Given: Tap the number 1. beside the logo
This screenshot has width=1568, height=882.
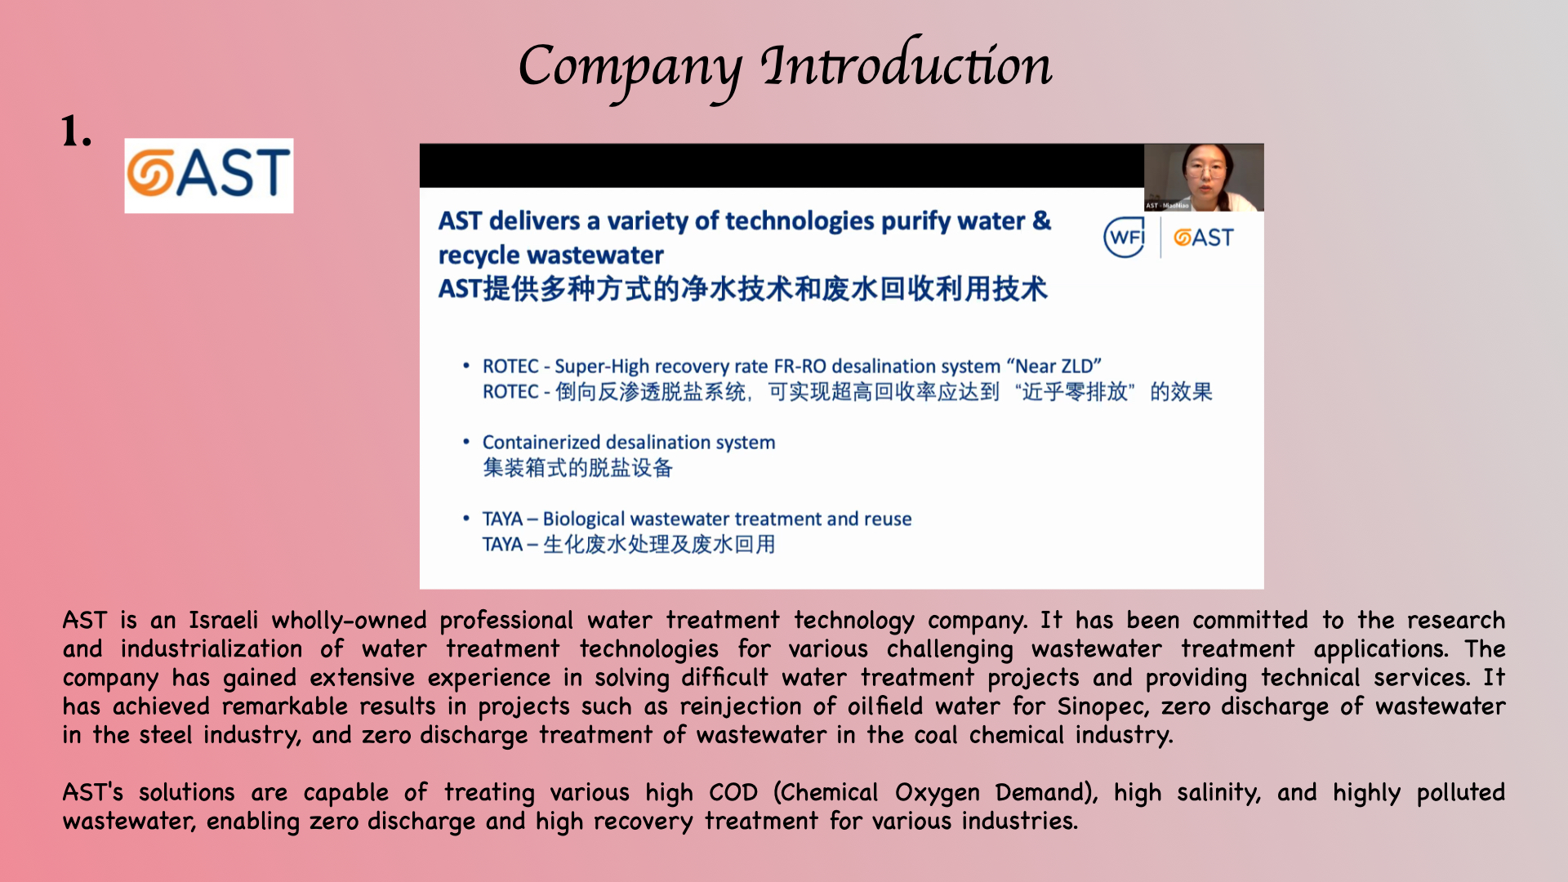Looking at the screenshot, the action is [x=77, y=131].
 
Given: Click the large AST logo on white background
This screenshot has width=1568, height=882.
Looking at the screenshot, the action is [x=209, y=175].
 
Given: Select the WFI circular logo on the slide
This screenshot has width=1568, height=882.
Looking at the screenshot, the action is [x=1125, y=238].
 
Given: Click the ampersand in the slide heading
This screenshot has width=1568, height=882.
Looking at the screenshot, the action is [x=1041, y=220].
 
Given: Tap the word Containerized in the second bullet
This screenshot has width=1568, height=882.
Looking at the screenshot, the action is [x=540, y=442].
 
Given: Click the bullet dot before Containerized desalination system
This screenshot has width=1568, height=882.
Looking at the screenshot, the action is [x=466, y=442].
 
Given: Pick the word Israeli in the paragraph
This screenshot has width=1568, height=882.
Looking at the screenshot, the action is [x=223, y=621].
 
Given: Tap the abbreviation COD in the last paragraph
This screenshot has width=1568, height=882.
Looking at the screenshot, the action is [x=733, y=792].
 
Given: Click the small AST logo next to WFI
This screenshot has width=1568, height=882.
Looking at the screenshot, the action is [x=1203, y=238].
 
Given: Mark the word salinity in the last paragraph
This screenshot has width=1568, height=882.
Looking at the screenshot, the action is [x=1218, y=793].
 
